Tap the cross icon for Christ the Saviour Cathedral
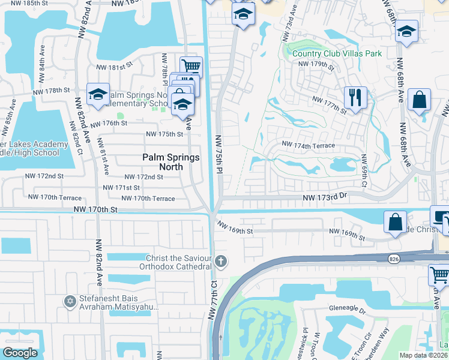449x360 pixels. click(221, 260)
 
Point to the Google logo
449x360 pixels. click(20, 353)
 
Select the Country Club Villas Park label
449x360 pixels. click(337, 53)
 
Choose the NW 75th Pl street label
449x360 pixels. click(219, 154)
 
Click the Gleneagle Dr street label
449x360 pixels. click(347, 310)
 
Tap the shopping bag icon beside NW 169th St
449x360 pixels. click(396, 222)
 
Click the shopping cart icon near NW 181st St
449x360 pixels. click(191, 66)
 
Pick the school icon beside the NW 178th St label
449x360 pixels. click(98, 94)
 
